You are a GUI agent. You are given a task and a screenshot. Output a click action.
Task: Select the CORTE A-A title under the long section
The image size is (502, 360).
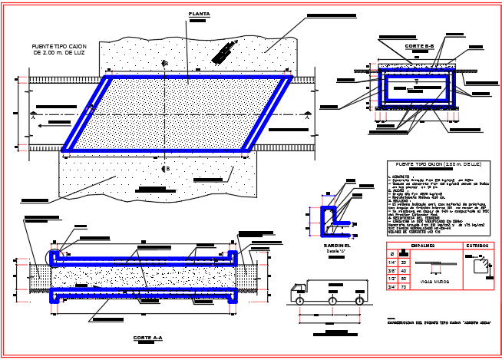click(147, 338)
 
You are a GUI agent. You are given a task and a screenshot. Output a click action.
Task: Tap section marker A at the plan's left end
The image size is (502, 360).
click(33, 117)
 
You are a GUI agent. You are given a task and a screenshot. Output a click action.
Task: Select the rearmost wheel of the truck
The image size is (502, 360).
click(360, 301)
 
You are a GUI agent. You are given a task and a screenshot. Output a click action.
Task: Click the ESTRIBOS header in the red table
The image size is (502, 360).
click(475, 246)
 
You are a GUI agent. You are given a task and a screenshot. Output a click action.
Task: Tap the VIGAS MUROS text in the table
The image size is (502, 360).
click(435, 282)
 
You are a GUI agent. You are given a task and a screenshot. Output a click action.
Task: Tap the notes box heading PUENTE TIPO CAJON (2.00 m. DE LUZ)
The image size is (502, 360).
click(438, 165)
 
